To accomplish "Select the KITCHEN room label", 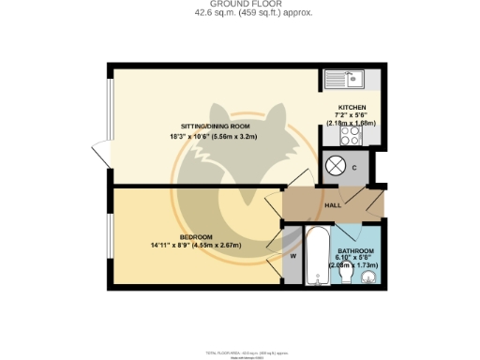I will [x=352, y=108].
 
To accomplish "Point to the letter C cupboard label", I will [x=355, y=168].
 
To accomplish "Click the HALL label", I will [x=331, y=205].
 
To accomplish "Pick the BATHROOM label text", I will [x=355, y=251].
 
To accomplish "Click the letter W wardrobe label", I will [x=293, y=254].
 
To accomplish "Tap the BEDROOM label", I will [x=197, y=236].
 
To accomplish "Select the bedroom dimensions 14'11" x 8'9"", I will [x=197, y=246].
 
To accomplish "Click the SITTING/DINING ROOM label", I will [x=217, y=127].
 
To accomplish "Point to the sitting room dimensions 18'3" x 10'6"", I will [x=217, y=138].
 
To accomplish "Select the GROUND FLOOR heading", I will [x=240, y=5].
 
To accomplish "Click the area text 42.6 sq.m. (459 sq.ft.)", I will [x=240, y=14].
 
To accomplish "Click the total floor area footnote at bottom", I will [x=240, y=352].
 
